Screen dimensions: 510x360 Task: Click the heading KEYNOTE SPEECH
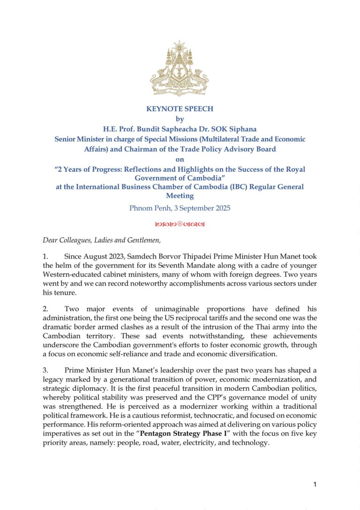point(180,109)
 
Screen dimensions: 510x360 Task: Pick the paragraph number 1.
point(45,257)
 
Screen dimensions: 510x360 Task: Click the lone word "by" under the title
point(180,119)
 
